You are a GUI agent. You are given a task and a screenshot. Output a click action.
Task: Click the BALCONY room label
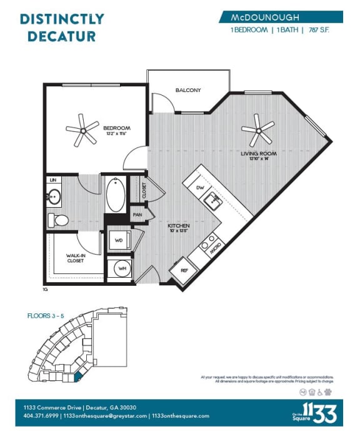coord(187,90)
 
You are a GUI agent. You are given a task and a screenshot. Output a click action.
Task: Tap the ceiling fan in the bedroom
coord(82,129)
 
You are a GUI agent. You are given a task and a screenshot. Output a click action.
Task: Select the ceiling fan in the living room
coord(257,131)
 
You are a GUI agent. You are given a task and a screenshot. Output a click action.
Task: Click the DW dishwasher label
coord(201,187)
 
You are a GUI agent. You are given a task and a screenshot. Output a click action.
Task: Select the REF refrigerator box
coord(184,271)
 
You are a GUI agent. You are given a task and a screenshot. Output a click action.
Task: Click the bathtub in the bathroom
coord(116,196)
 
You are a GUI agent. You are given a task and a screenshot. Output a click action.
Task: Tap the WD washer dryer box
coord(118,240)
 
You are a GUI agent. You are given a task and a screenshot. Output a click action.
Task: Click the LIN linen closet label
coord(51,180)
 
